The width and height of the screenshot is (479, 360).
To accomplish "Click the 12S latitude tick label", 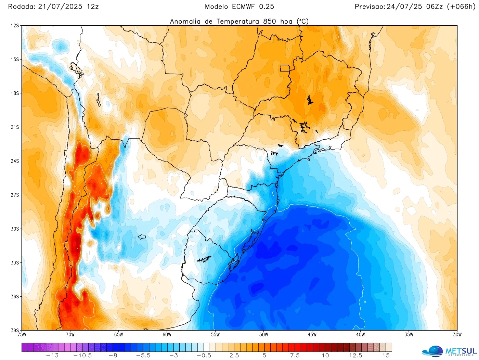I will click(15, 26).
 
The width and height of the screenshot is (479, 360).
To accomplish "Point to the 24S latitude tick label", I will click(15, 161).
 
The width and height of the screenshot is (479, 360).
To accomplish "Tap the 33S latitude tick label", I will click(15, 262).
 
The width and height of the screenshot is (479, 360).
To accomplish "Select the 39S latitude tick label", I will click(15, 330).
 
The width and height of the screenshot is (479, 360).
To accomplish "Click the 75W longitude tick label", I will click(22, 335).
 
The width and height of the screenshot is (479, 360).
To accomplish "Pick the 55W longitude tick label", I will click(215, 335).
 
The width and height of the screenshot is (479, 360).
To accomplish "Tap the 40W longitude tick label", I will click(360, 335).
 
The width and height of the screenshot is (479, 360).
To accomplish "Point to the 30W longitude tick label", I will click(457, 335).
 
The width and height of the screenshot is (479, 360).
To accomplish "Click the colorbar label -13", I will click(52, 356).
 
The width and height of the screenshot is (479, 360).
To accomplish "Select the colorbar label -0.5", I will click(204, 356).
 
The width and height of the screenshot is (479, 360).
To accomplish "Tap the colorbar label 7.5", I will click(295, 356).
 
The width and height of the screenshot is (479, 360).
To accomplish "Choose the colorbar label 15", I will click(386, 356).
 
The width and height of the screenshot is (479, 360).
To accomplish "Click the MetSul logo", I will click(450, 351).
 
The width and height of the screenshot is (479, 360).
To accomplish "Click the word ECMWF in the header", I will click(243, 7).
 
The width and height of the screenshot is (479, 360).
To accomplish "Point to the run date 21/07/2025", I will click(60, 7).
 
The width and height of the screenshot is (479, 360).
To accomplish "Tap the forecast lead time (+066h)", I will click(461, 7).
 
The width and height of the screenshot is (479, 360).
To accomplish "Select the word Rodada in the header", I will click(21, 7).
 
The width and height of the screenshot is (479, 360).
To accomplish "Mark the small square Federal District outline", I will click(285, 68).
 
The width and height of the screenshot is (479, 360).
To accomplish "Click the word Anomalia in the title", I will click(185, 21).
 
